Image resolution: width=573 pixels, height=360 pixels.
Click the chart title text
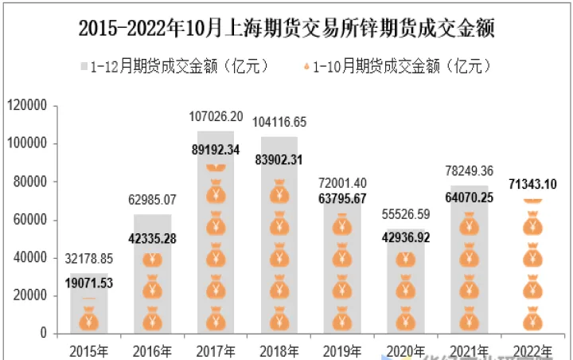286,29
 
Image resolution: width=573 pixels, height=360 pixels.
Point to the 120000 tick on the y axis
28,105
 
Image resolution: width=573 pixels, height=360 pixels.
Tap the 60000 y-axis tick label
31,220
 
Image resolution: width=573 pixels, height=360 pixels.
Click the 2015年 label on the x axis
88,350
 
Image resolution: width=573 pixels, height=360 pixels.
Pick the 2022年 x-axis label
534,350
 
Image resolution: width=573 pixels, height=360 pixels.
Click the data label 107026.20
216,116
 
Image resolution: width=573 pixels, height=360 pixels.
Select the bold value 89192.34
216,149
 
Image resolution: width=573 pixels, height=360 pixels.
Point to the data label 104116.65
279,123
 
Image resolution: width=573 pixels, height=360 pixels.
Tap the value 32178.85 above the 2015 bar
88,259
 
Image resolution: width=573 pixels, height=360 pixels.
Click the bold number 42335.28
152,238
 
